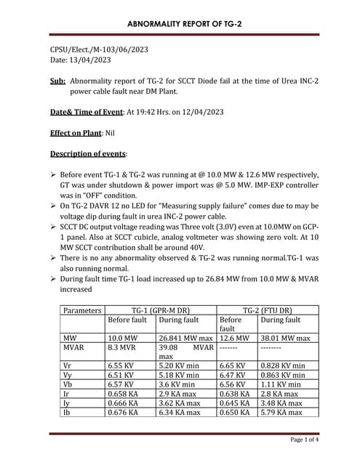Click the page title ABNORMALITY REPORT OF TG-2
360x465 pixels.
[184, 24]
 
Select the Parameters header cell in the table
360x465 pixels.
[82, 310]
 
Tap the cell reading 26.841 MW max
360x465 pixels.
[185, 338]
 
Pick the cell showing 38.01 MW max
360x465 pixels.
[284, 338]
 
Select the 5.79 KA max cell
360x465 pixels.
[281, 411]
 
